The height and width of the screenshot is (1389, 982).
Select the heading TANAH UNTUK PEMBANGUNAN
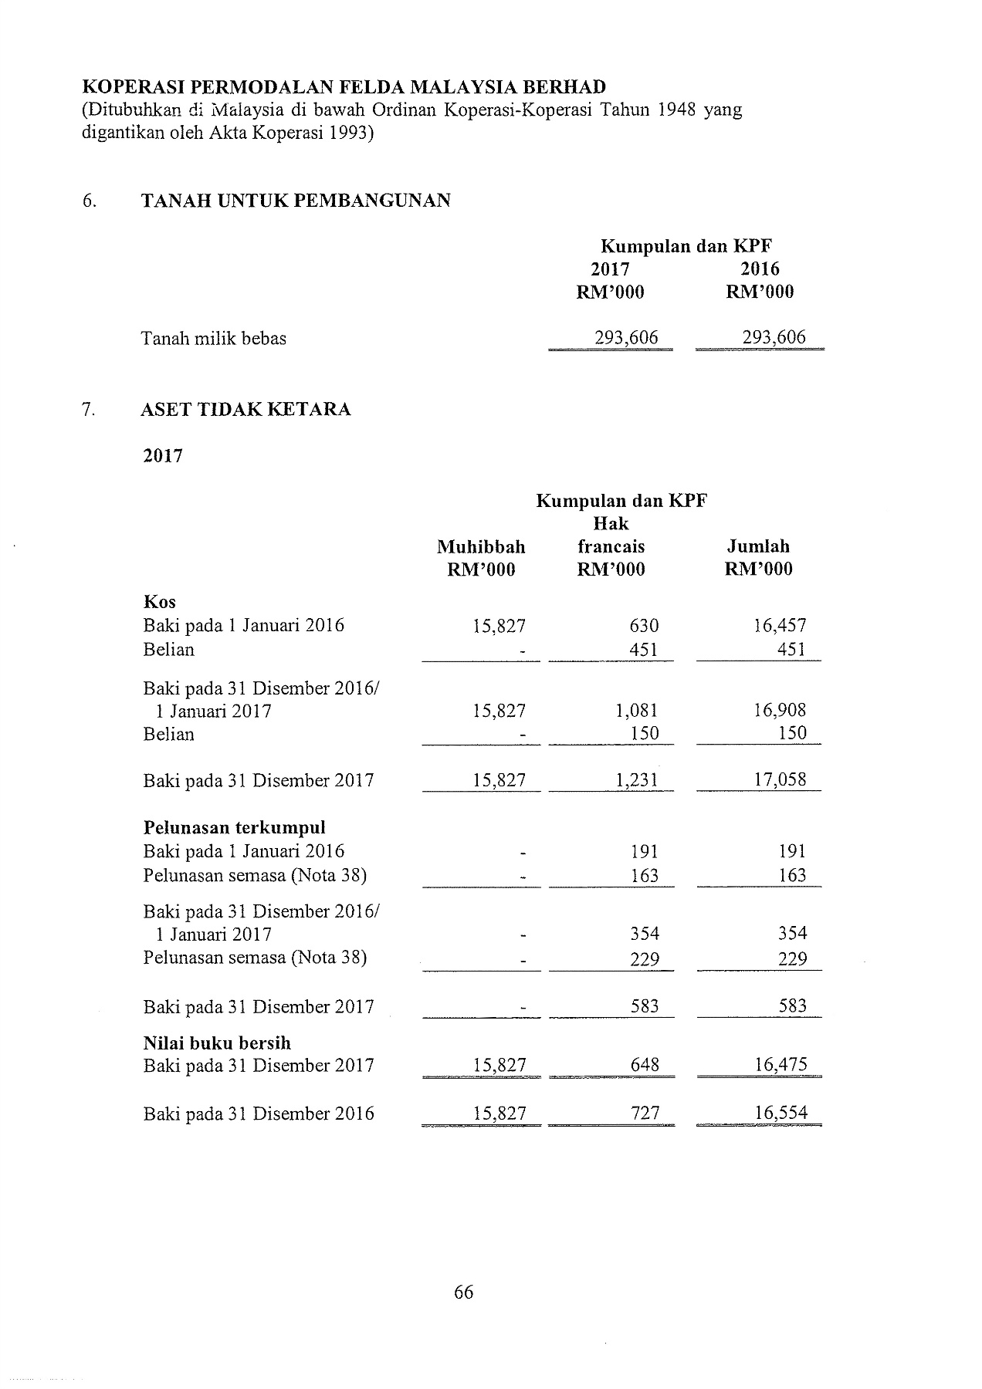(296, 201)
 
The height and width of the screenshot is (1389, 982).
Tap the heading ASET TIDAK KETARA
(245, 409)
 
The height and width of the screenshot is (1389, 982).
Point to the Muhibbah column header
(480, 547)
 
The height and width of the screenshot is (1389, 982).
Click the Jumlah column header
(758, 547)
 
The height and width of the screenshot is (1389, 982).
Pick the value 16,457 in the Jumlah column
(780, 626)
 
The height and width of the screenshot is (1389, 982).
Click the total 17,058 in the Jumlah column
(780, 780)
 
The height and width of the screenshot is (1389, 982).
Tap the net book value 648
(645, 1066)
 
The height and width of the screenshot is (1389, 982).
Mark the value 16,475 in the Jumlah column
(780, 1066)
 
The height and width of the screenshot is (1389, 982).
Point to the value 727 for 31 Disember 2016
(645, 1114)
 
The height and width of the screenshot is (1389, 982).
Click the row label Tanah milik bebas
(213, 338)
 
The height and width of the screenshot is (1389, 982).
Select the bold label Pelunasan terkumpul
(234, 828)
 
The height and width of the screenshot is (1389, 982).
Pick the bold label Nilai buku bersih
(217, 1043)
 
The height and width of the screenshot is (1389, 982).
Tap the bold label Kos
(159, 602)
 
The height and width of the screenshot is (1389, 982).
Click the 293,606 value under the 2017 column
(625, 337)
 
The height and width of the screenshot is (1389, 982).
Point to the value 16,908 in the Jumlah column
(780, 711)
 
